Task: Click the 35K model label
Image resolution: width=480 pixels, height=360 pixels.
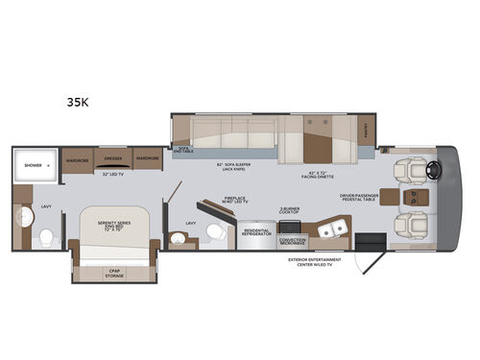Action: (x=79, y=99)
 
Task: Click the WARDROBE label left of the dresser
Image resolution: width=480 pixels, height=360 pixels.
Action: (x=77, y=156)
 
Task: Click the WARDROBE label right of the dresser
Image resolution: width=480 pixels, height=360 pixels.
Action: (x=146, y=156)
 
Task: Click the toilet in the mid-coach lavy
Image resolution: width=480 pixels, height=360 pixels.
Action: (x=217, y=231)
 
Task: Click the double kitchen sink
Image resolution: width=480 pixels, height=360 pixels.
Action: (x=330, y=228)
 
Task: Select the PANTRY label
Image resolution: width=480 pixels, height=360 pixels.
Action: (x=367, y=127)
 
